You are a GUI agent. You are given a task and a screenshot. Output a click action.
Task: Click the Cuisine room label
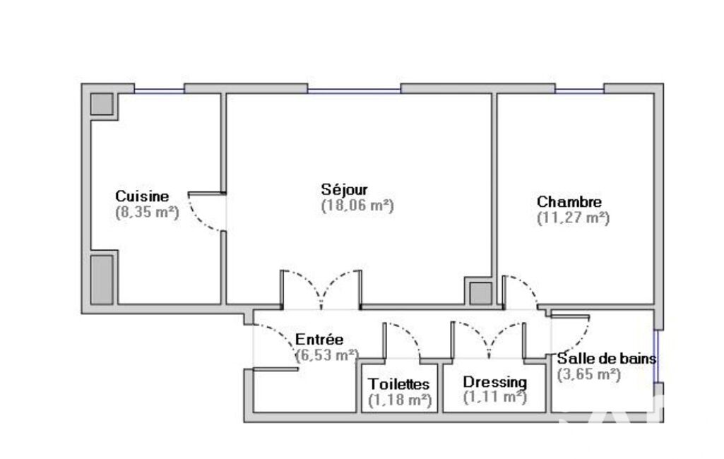tap(142, 196)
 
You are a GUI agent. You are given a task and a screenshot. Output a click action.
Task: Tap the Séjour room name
tap(345, 189)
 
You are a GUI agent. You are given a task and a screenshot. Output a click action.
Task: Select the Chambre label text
tap(569, 202)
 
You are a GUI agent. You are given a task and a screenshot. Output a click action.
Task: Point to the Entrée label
tap(319, 340)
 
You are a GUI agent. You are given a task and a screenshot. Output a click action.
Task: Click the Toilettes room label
tap(399, 383)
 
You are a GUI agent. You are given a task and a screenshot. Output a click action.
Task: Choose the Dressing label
tap(495, 382)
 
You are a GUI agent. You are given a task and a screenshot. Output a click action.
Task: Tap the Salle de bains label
tap(607, 358)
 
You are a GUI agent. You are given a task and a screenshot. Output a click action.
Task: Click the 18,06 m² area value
tap(357, 205)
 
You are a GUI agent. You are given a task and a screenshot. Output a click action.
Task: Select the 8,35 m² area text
tap(147, 212)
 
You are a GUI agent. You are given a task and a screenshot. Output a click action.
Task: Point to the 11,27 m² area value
tap(573, 217)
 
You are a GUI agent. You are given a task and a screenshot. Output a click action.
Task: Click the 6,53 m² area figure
tap(327, 355)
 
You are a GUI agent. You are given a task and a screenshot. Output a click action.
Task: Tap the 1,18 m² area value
tap(400, 400)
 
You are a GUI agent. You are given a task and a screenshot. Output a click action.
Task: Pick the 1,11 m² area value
tap(495, 397)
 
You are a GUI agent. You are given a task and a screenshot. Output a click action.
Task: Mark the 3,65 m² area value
tap(588, 374)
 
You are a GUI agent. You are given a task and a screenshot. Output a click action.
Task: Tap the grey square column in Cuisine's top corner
tap(102, 104)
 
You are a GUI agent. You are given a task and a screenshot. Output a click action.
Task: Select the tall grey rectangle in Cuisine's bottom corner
tap(102, 280)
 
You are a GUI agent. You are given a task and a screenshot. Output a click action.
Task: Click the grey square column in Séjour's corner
tap(481, 293)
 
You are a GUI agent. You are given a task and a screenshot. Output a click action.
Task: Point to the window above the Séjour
tap(354, 91)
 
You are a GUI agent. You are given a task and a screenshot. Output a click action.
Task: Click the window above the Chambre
tap(579, 91)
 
